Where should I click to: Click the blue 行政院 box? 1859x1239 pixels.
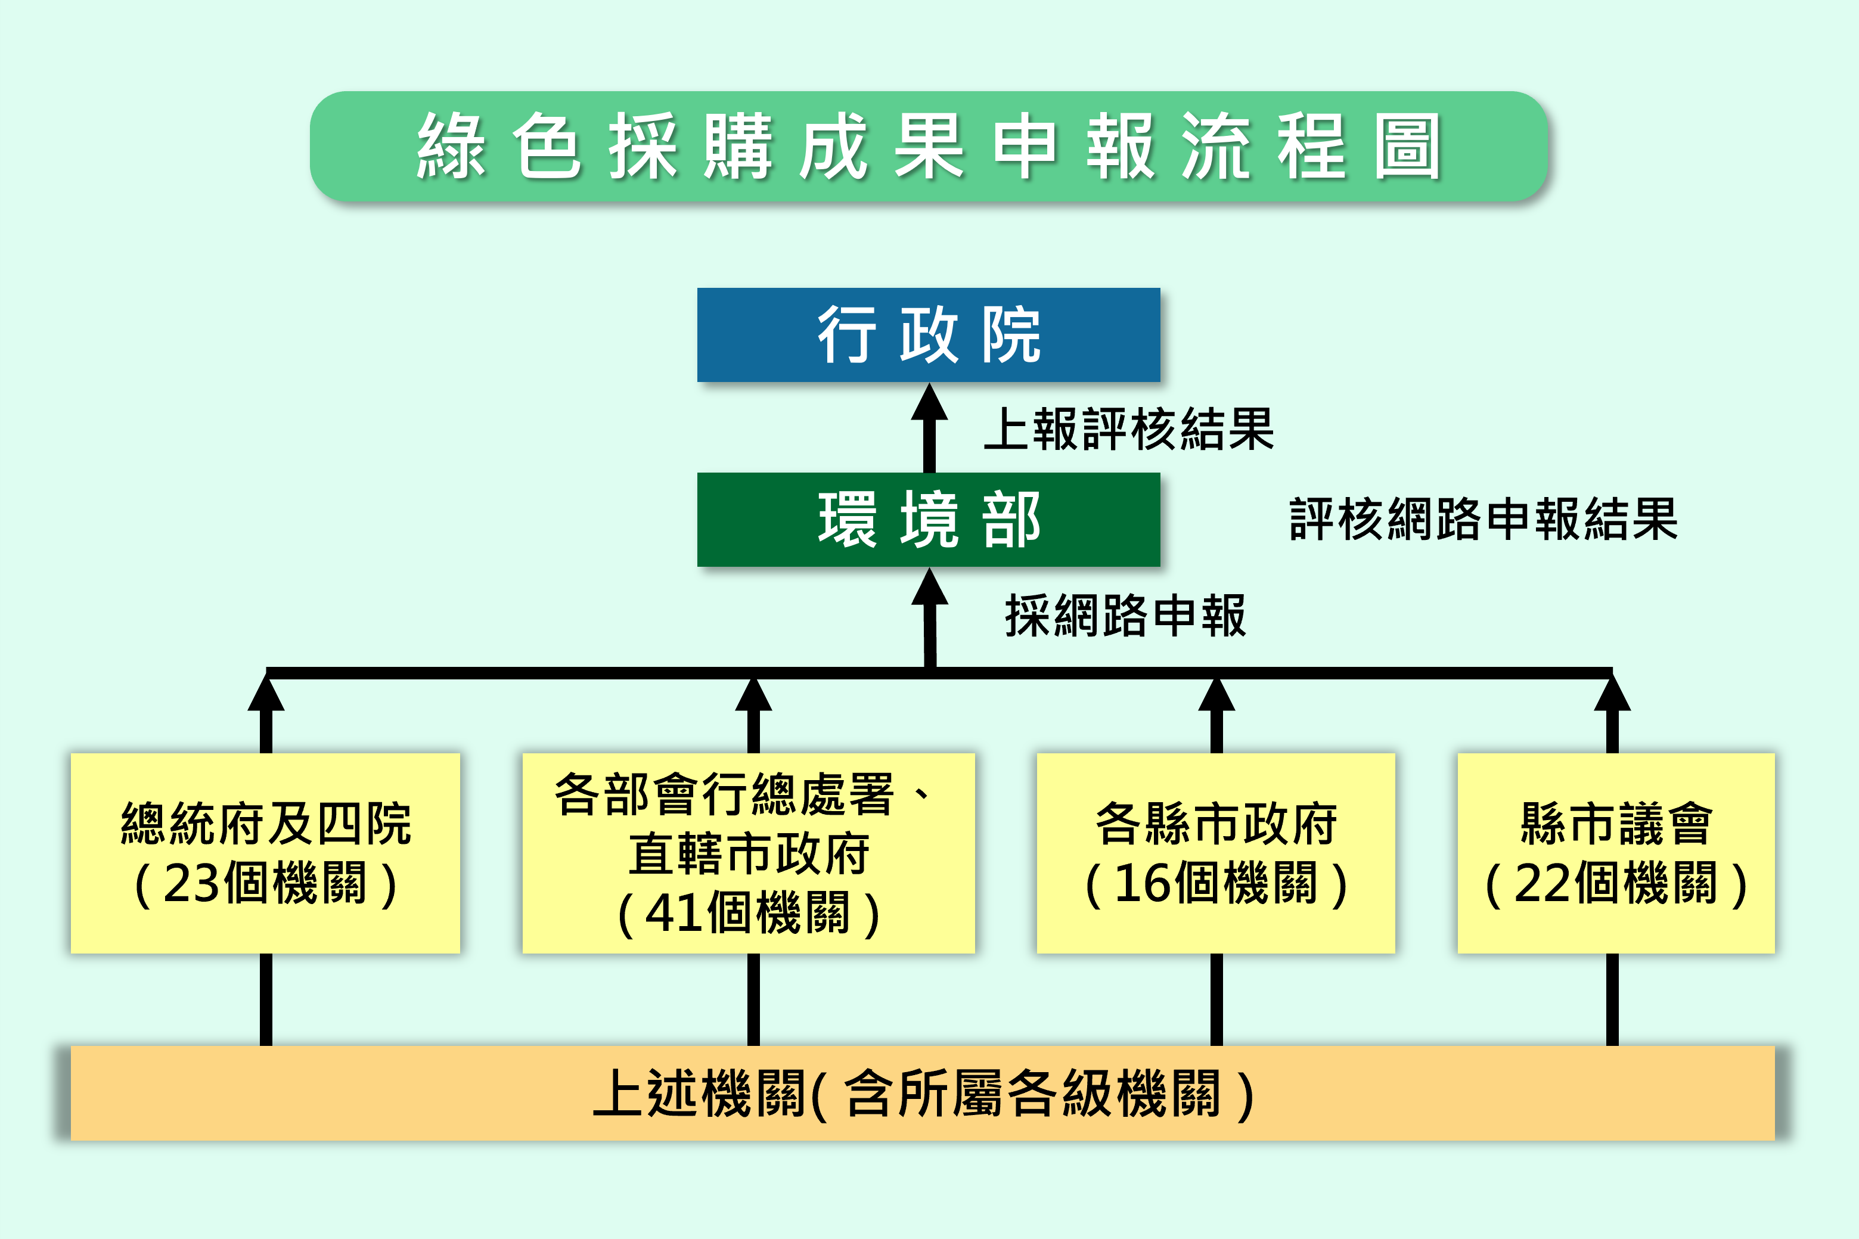[929, 334]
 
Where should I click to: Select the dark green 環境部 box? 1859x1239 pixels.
[929, 519]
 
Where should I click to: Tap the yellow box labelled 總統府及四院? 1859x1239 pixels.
[265, 853]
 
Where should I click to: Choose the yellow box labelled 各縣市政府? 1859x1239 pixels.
[1215, 853]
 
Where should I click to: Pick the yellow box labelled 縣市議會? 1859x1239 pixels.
[1616, 853]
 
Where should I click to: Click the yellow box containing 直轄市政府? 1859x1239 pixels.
[748, 853]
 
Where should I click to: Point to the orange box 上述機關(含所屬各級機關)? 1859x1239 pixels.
[923, 1093]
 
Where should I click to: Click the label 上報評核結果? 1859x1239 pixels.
[1129, 429]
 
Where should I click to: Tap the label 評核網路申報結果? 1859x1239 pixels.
[1483, 519]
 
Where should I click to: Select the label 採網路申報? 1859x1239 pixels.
[1125, 616]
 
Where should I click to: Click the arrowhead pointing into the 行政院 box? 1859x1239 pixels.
[929, 403]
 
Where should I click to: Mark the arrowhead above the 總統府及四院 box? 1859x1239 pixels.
[266, 694]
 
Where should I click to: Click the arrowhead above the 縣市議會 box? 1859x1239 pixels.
[1612, 694]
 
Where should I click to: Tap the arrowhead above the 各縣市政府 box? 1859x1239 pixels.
[1216, 694]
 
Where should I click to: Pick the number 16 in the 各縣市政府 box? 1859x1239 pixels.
[1143, 883]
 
